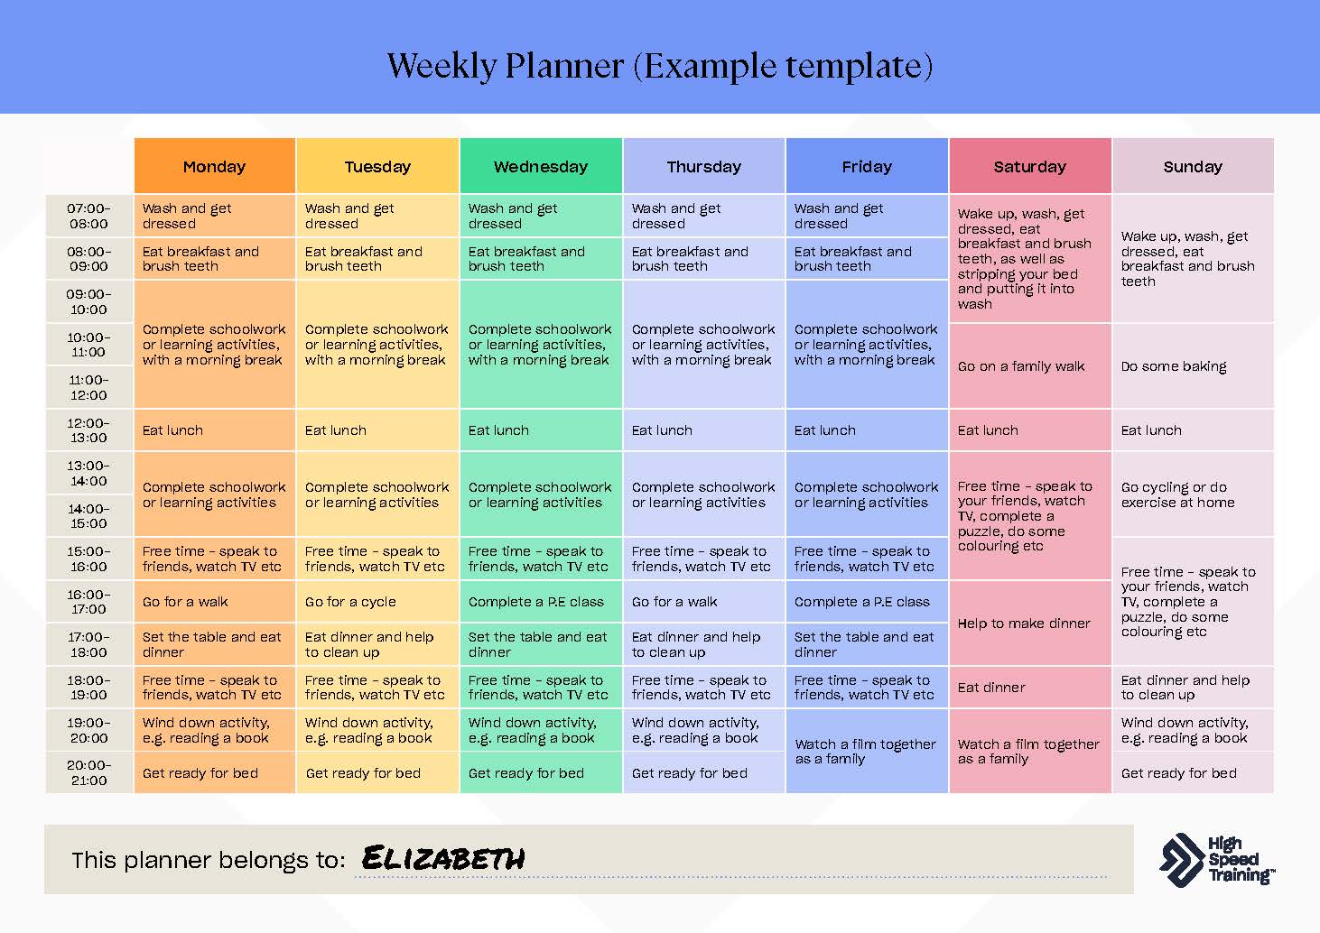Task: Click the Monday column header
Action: [x=215, y=166]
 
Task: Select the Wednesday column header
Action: [x=541, y=166]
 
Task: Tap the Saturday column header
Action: [x=1030, y=166]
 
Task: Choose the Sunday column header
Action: [x=1194, y=166]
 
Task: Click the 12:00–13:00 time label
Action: [x=89, y=430]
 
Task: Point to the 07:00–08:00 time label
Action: [x=89, y=217]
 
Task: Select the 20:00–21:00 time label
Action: [x=89, y=772]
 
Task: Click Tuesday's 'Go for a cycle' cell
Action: [x=377, y=602]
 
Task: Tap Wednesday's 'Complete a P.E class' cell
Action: [x=541, y=602]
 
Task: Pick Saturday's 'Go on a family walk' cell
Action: [x=1030, y=365]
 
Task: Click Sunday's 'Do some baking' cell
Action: [x=1194, y=365]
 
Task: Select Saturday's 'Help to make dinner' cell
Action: [x=1030, y=624]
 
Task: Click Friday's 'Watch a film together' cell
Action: [x=867, y=751]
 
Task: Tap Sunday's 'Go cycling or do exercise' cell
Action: [x=1194, y=494]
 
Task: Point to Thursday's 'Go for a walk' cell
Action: [x=703, y=602]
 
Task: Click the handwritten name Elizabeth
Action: [x=443, y=858]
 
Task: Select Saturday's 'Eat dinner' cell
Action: [x=1030, y=688]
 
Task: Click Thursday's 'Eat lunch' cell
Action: [x=703, y=430]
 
